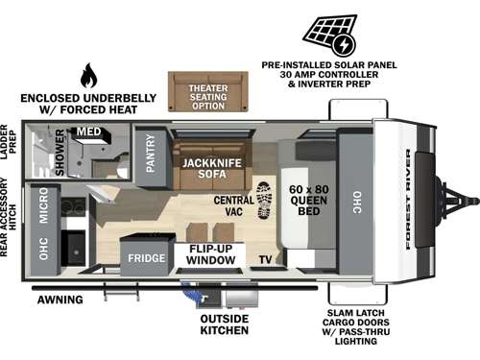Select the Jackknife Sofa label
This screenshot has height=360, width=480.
point(204,169)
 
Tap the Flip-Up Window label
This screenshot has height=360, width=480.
point(209,254)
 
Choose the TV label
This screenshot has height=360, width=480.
point(264,259)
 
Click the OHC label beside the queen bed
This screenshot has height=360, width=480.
point(355,200)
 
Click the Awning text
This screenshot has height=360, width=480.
point(59,300)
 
